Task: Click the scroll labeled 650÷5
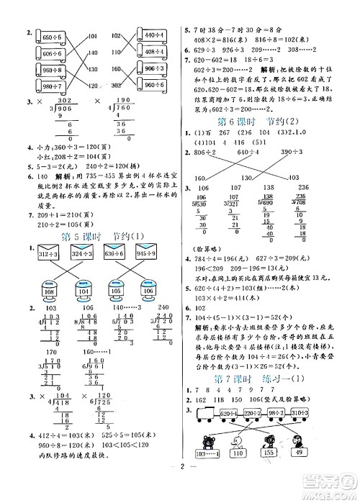click(x=50, y=37)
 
